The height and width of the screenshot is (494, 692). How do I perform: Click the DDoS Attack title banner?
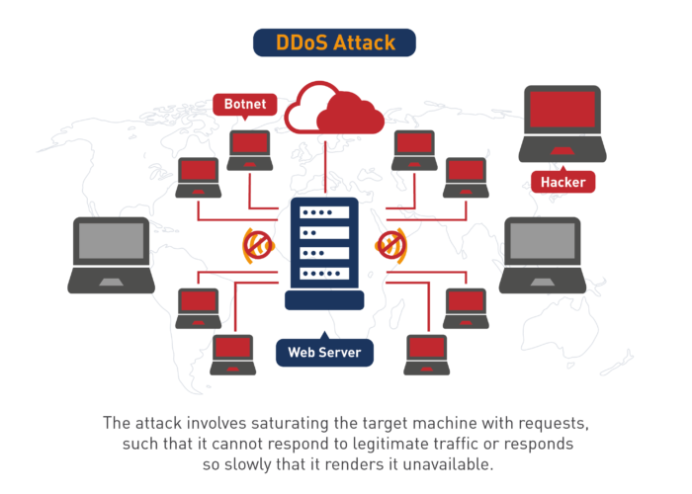(334, 42)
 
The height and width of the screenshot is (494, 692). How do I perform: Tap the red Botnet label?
(243, 104)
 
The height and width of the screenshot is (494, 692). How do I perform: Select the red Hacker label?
(562, 182)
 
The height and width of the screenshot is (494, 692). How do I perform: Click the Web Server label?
(324, 352)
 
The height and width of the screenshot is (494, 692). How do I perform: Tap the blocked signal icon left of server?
(258, 245)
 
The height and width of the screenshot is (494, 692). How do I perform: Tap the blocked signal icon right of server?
(390, 245)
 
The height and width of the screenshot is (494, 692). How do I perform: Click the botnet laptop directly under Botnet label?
(249, 149)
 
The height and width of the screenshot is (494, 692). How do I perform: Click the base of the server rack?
(324, 299)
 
